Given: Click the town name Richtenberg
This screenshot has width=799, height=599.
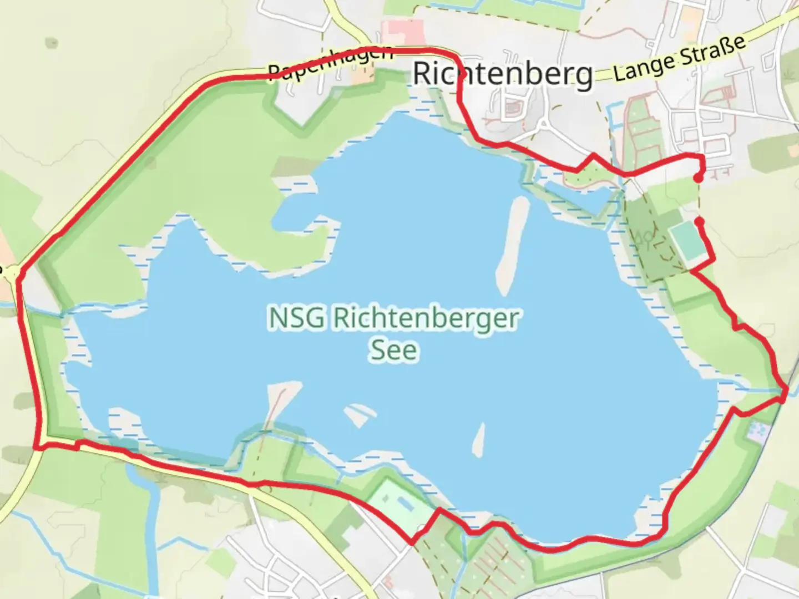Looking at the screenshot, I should (x=503, y=74).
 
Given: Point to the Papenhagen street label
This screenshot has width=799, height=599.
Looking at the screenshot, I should (x=331, y=63).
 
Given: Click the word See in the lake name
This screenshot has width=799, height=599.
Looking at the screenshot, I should (x=393, y=351).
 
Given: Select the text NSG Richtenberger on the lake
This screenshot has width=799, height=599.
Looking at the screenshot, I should (x=393, y=319).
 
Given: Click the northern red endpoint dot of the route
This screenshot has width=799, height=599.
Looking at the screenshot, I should (x=697, y=177).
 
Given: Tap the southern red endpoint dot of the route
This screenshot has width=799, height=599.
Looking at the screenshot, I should (x=700, y=222).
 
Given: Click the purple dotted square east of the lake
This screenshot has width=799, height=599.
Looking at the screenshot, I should (x=758, y=432).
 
